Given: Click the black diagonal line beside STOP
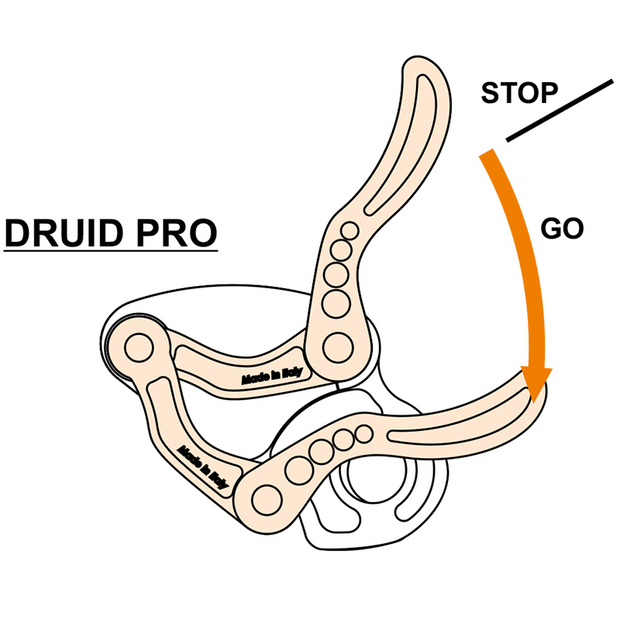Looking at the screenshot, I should point(559,109).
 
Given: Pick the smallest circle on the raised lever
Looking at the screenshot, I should point(350,229).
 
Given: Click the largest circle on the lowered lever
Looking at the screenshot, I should point(263,494).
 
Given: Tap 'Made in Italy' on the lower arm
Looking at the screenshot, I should point(203,466).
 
